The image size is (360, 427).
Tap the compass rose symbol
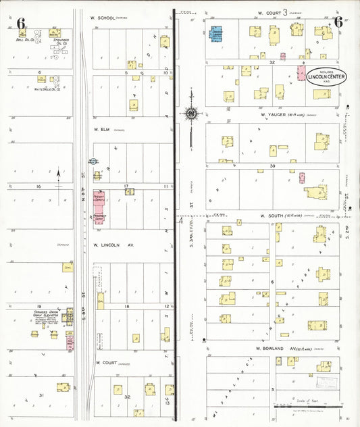click(x=192, y=114)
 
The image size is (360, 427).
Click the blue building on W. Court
click(x=217, y=34)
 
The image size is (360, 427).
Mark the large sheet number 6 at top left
click(x=21, y=24)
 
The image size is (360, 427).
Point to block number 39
click(x=273, y=166)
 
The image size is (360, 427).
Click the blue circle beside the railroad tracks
click(x=92, y=162)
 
